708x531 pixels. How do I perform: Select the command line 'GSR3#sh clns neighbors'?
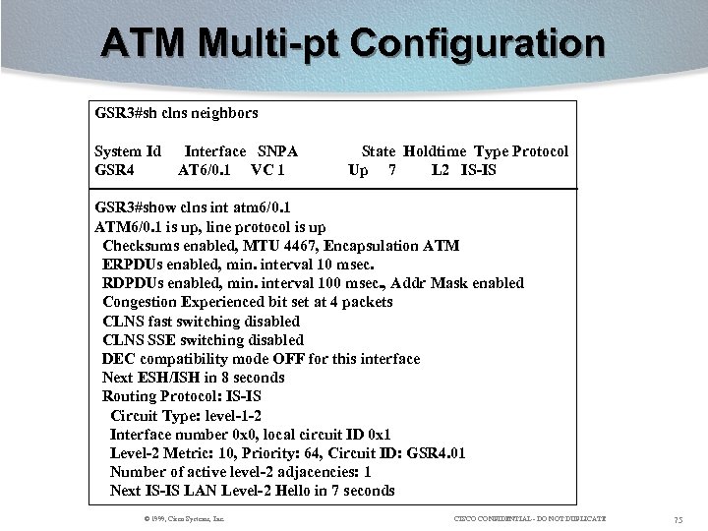[x=176, y=113]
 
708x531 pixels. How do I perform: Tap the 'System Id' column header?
[x=128, y=151]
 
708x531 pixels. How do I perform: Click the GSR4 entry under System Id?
[x=115, y=170]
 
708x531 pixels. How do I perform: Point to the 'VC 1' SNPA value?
[x=268, y=170]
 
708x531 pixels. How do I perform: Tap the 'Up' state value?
[x=359, y=170]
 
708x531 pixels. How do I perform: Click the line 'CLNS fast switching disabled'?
[x=202, y=322]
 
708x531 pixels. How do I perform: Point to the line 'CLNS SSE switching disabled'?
[x=203, y=340]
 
